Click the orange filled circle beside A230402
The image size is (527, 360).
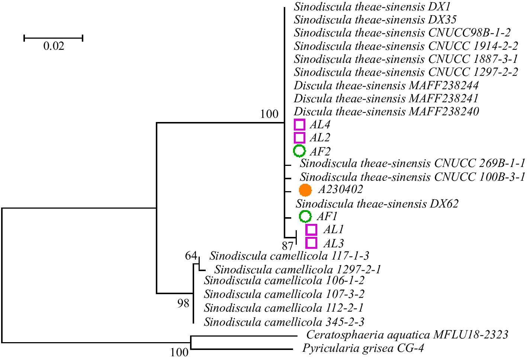tap(305, 190)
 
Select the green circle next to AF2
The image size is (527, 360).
tap(299, 151)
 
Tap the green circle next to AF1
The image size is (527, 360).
tap(305, 216)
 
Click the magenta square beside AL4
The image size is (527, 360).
tap(299, 125)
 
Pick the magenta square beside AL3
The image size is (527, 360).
tap(311, 243)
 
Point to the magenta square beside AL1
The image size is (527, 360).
tap(311, 229)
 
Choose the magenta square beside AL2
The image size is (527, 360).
tap(299, 138)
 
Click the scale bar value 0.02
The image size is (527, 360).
tap(54, 46)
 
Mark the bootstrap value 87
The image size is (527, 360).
tap(287, 246)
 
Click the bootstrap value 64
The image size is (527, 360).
tap(191, 256)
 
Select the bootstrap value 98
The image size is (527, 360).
tap(183, 303)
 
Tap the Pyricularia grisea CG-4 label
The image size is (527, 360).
tap(363, 348)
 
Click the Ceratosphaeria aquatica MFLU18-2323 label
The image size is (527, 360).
tap(407, 335)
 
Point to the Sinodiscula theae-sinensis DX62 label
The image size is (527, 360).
tap(377, 203)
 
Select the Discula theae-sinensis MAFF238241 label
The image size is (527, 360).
tap(386, 99)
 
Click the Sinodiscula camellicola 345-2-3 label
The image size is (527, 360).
tap(284, 321)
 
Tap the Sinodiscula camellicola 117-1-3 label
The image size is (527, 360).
tap(289, 256)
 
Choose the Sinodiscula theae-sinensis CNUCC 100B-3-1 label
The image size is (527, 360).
tap(412, 177)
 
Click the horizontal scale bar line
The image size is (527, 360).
tap(53, 38)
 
